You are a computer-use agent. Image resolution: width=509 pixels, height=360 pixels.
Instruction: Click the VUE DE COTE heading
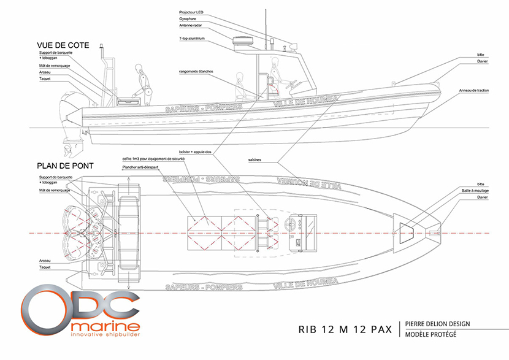pos(63,46)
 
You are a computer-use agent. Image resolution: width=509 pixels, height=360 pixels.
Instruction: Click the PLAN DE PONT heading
pos(64,165)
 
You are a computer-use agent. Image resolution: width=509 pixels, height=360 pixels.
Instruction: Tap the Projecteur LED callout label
pos(193,12)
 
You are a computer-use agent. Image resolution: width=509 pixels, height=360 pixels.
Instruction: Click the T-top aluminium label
pos(192,39)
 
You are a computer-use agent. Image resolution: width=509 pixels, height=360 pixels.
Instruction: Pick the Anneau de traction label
pos(474,91)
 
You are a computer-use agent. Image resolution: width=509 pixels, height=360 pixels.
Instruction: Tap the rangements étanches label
pos(197,71)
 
